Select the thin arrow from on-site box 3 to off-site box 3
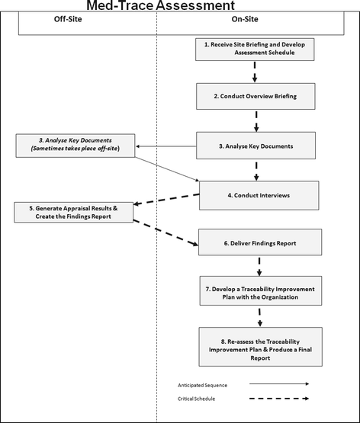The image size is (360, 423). tap(166, 146)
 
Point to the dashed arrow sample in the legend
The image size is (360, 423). tap(272, 399)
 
